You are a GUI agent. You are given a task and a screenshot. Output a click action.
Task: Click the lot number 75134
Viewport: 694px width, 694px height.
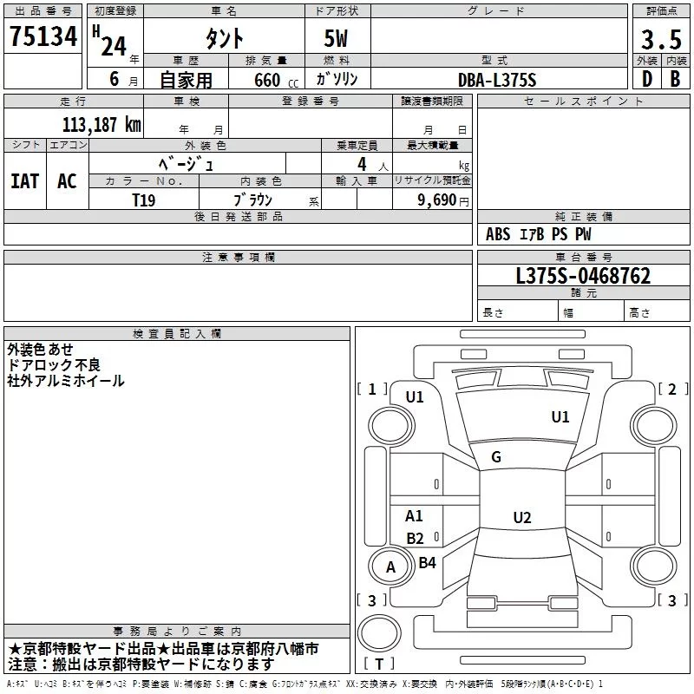[43, 36]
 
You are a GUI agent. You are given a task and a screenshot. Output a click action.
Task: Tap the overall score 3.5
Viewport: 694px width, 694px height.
[661, 40]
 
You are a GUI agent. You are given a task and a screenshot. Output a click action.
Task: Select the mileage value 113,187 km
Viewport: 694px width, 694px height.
[101, 125]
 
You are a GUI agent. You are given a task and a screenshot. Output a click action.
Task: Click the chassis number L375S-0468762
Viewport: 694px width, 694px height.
[583, 276]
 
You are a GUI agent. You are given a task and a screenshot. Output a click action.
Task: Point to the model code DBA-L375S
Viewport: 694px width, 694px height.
[497, 80]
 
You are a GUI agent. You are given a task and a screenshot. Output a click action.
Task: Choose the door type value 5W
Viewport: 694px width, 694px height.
[336, 38]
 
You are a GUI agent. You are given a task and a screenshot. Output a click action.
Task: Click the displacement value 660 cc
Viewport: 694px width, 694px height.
[276, 81]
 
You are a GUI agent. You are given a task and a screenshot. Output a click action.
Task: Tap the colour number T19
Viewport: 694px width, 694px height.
[144, 200]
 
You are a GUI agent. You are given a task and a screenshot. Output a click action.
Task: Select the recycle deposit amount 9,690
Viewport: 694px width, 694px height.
[437, 200]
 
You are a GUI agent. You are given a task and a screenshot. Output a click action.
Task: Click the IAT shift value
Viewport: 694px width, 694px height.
[25, 181]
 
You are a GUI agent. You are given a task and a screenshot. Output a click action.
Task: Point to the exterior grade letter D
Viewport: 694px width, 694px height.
[647, 79]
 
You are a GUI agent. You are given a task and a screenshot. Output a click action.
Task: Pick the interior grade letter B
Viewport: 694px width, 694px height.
[675, 79]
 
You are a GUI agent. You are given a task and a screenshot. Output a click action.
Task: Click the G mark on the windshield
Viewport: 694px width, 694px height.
[496, 457]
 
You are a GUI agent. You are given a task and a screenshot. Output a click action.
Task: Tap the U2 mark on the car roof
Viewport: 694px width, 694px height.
[522, 517]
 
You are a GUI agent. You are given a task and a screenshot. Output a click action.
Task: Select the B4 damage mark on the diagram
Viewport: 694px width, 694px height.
[427, 562]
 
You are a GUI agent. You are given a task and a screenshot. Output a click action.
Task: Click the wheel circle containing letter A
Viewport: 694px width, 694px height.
[391, 547]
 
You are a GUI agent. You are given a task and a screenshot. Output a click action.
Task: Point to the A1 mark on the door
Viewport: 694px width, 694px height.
[414, 515]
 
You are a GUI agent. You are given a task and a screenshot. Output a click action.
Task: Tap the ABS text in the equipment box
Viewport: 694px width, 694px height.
[498, 234]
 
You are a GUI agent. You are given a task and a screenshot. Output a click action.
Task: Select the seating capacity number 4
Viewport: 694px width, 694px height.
[362, 164]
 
